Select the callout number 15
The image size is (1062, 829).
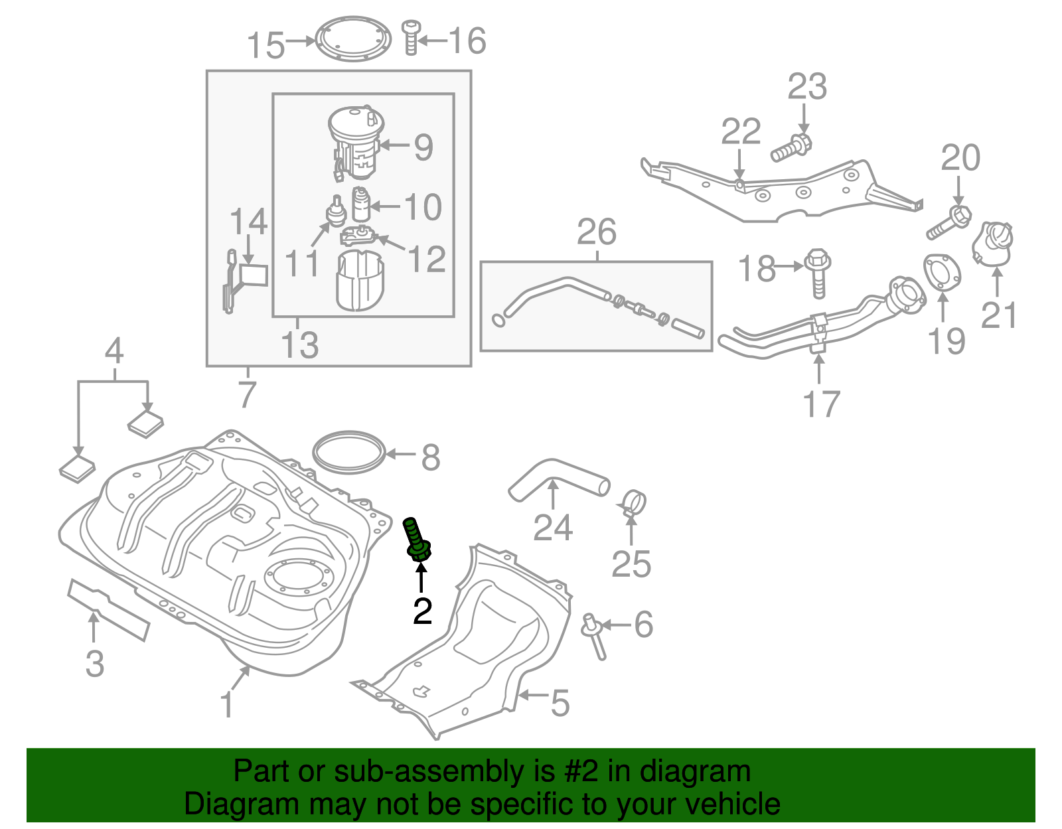pos(265,46)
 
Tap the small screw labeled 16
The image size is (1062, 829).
pos(411,37)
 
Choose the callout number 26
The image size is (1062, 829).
pos(596,232)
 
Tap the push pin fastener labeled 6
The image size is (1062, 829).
pos(594,635)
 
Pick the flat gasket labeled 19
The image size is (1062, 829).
pos(942,271)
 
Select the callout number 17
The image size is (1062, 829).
pos(821,404)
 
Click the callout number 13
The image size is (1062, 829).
pos(299,345)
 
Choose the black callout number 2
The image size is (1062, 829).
pos(422,611)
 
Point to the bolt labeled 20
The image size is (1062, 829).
pos(948,223)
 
